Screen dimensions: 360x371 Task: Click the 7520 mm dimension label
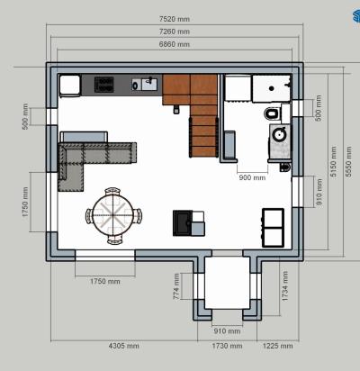click(175, 19)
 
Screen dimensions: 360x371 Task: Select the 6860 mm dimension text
click(175, 44)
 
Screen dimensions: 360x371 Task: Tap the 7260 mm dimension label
click(175, 32)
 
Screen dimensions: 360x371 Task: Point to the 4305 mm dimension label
click(123, 346)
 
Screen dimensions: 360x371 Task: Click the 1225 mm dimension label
click(278, 346)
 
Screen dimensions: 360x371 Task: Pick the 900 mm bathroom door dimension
click(252, 177)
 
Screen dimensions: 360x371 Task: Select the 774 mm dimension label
click(176, 286)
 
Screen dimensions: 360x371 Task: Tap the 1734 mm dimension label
click(284, 286)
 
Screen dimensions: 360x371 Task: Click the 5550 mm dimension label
click(348, 161)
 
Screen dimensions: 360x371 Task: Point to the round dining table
click(112, 214)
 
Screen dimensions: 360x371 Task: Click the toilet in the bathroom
click(273, 114)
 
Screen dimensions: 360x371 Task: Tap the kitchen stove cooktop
click(104, 85)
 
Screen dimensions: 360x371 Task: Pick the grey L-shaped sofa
click(93, 162)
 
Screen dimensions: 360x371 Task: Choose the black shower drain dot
click(272, 88)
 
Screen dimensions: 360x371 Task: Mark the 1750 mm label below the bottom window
click(105, 281)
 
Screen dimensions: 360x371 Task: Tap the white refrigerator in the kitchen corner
click(70, 86)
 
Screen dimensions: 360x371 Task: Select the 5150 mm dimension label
click(333, 161)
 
